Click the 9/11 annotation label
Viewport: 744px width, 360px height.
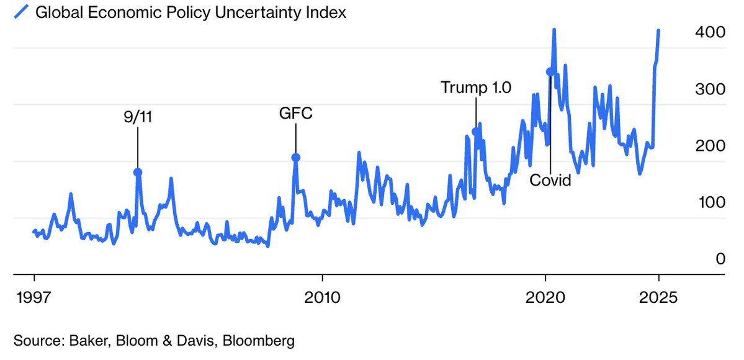(x=138, y=116)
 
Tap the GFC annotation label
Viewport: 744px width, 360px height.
(x=295, y=114)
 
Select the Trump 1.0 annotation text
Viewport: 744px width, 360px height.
(x=476, y=88)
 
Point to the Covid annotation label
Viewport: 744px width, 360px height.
(x=550, y=181)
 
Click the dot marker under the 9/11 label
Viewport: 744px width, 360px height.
(x=138, y=173)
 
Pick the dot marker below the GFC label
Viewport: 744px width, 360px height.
(x=296, y=158)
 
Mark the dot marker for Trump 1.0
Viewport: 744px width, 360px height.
(x=476, y=132)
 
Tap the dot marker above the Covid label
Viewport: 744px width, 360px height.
(x=550, y=72)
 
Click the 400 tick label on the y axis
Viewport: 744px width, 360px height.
(x=710, y=32)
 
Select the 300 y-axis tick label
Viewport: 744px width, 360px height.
(x=710, y=89)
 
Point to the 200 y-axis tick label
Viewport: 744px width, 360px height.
(x=710, y=146)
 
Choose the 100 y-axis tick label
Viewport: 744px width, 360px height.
(x=710, y=202)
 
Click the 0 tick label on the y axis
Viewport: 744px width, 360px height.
(x=720, y=259)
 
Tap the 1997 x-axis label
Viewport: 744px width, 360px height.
(x=33, y=296)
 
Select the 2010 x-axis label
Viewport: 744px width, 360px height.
(x=322, y=296)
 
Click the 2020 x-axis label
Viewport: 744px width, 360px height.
(x=545, y=296)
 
